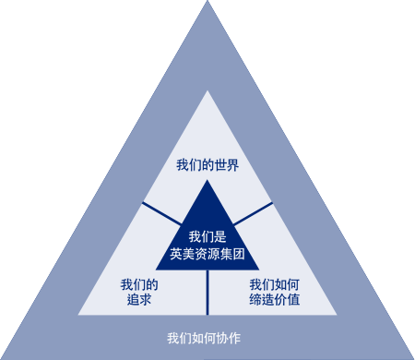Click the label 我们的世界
click(207, 166)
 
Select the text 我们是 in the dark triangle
click(207, 235)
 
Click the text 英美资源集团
click(207, 252)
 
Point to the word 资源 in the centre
click(207, 252)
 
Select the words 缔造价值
click(275, 300)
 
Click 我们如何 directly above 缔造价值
click(275, 284)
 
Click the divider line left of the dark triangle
click(161, 212)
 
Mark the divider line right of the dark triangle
click(253, 212)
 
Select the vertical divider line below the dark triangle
click(207, 292)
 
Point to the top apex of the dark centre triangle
click(207, 182)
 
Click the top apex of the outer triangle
click(207, 4)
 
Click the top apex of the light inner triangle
click(207, 92)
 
